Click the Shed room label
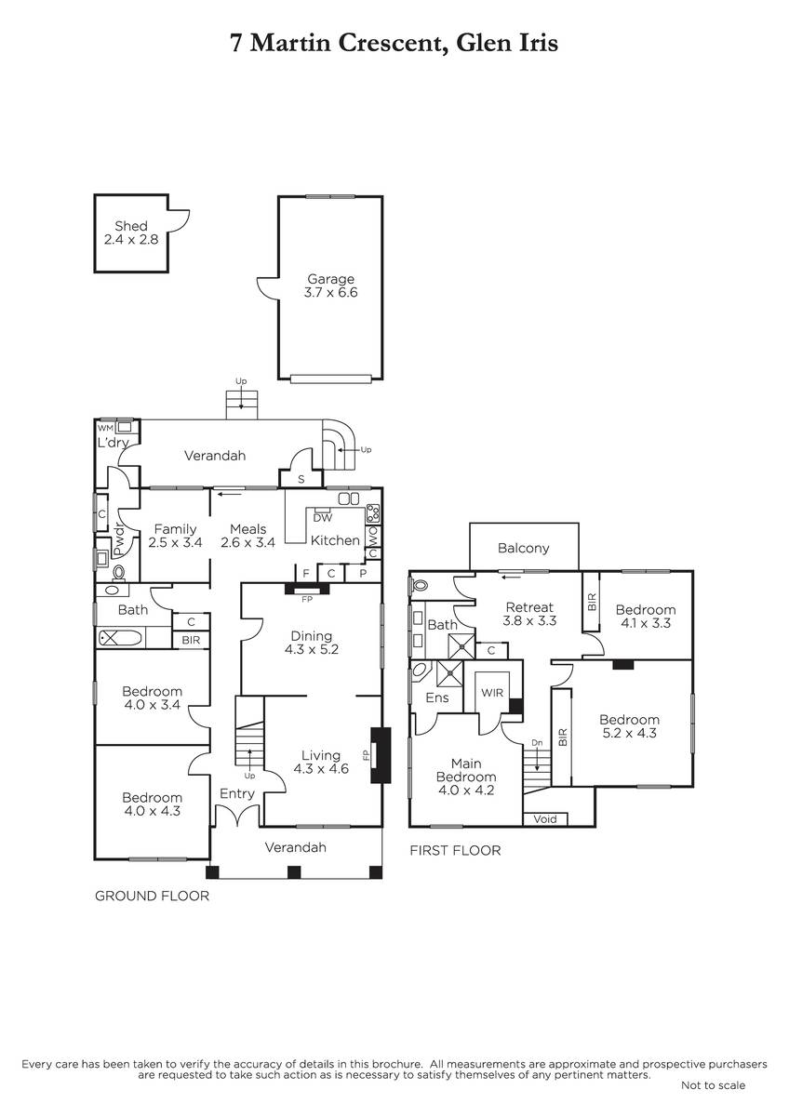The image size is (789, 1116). tap(131, 226)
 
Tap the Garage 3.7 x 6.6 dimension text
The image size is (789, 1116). tap(330, 292)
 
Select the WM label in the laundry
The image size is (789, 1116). tap(105, 428)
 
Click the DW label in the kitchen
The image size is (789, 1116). tap(323, 518)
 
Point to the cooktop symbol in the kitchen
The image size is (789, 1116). tap(373, 511)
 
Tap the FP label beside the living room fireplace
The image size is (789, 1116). tap(367, 755)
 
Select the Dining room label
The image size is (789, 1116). tap(312, 636)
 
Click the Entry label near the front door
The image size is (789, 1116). tap(237, 794)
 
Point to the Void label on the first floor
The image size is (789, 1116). tap(545, 819)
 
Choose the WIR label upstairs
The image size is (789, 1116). tap(492, 693)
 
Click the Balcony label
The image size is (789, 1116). tap(523, 549)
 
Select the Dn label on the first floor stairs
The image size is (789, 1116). tap(537, 743)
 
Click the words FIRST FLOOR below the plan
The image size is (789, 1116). tap(455, 851)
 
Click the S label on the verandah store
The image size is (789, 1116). tap(301, 480)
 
